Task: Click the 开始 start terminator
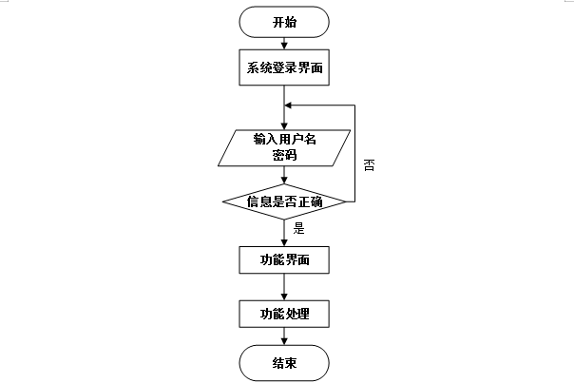pyautogui.click(x=284, y=21)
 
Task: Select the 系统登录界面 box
pyautogui.click(x=284, y=67)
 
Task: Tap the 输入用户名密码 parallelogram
pyautogui.click(x=284, y=146)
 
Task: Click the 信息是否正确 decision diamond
pyautogui.click(x=284, y=201)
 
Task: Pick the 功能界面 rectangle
pyautogui.click(x=284, y=259)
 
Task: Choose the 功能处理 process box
pyautogui.click(x=284, y=313)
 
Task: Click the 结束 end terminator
pyautogui.click(x=284, y=362)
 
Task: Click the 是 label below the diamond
pyautogui.click(x=298, y=228)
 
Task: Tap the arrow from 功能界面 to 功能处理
pyautogui.click(x=284, y=286)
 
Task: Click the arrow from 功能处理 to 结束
pyautogui.click(x=284, y=337)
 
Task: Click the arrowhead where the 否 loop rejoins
pyautogui.click(x=289, y=105)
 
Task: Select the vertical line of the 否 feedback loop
pyautogui.click(x=354, y=152)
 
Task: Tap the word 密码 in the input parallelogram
pyautogui.click(x=284, y=155)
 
